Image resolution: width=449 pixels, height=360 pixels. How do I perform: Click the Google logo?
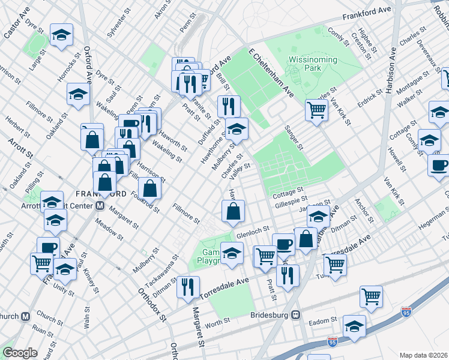point(20,353)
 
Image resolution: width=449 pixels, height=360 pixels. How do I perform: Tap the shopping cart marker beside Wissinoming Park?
point(316,109)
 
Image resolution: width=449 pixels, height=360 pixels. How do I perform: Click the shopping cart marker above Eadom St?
point(371,295)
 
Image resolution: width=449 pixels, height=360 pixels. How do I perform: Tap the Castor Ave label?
point(17,24)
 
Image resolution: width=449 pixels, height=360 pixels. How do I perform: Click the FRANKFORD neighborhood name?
point(101,193)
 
